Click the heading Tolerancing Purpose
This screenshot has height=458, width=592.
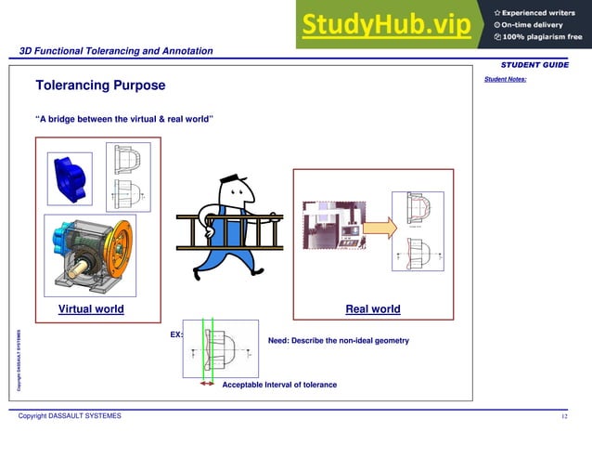coord(100,85)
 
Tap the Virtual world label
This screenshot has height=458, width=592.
coord(91,309)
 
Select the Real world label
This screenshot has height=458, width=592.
coord(373,309)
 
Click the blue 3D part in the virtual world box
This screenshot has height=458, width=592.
coord(70,177)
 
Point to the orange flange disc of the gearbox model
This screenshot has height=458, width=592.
coord(119,248)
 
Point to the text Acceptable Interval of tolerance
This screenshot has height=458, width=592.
coord(279,385)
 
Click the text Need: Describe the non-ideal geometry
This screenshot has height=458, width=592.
coord(338,341)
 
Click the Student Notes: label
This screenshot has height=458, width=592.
coord(505,79)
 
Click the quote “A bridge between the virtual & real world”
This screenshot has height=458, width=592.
coord(124,120)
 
